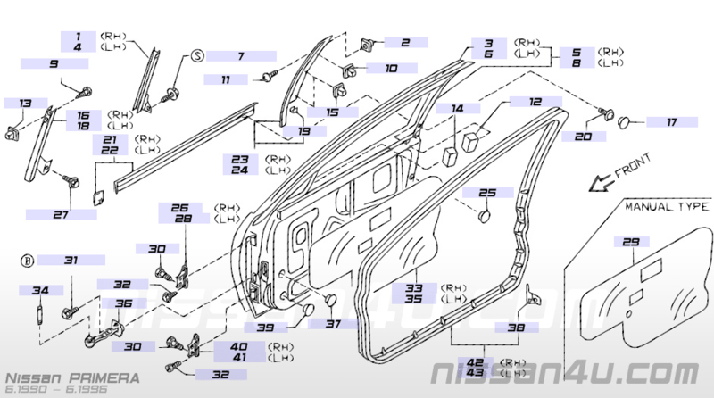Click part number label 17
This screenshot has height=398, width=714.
click(x=672, y=122)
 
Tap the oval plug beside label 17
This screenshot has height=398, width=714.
click(x=624, y=122)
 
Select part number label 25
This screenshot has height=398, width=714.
click(x=487, y=193)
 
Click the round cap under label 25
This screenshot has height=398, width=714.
click(x=484, y=215)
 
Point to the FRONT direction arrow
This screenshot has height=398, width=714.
click(x=601, y=183)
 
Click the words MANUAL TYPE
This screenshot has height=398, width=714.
click(x=667, y=207)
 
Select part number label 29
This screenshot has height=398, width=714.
click(x=631, y=242)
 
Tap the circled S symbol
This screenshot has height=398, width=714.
click(x=196, y=56)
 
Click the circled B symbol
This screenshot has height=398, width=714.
click(x=28, y=261)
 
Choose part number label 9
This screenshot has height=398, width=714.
click(x=54, y=63)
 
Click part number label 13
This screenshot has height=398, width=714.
click(x=26, y=104)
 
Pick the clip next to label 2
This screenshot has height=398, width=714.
click(x=367, y=45)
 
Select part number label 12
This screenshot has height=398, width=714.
click(x=535, y=102)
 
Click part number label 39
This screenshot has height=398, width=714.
click(x=265, y=328)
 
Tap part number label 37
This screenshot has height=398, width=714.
click(x=333, y=324)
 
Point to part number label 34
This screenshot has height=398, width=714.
click(x=40, y=290)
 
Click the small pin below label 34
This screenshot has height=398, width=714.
click(x=39, y=315)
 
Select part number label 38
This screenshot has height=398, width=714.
click(x=517, y=327)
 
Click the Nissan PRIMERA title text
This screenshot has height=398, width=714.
click(x=72, y=378)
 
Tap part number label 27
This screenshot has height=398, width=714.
click(x=61, y=214)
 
